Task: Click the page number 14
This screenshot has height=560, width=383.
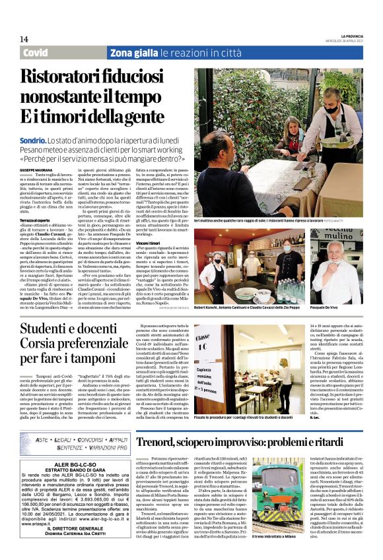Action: click(24, 40)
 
